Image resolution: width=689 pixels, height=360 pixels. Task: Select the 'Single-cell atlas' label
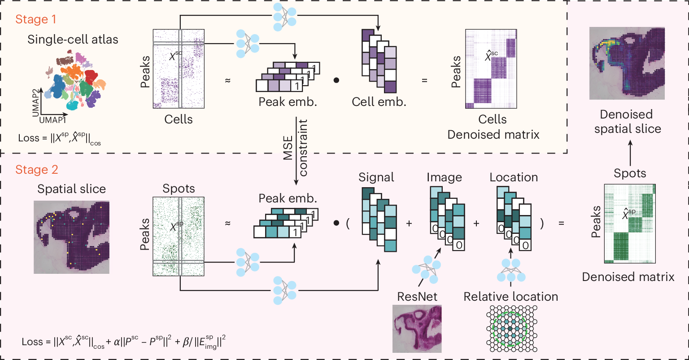tap(73, 40)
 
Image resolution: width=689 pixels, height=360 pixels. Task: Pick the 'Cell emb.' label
tap(379, 102)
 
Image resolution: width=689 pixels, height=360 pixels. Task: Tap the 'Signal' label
tap(376, 177)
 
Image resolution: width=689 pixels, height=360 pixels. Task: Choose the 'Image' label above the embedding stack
tap(444, 177)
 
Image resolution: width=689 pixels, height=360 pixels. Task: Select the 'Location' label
tap(514, 177)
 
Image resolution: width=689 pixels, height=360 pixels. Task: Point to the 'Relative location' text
tap(511, 297)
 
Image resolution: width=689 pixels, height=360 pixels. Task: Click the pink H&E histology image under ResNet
tap(417, 329)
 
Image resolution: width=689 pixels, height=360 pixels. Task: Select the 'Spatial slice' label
tap(72, 189)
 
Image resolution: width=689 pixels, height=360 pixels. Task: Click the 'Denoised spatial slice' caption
tap(628, 122)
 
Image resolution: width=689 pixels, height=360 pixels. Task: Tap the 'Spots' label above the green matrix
tap(179, 189)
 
